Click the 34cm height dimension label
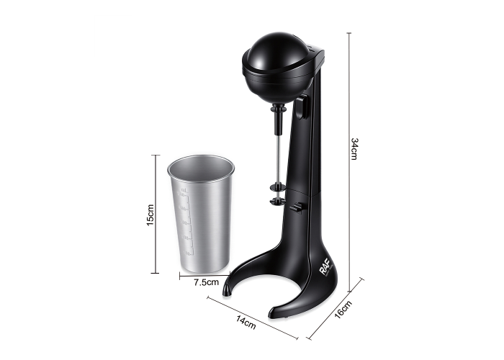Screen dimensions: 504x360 (x=354, y=149)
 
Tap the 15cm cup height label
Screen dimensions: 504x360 (x=150, y=215)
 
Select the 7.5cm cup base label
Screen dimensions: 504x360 (x=206, y=282)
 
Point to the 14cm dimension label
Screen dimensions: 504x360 (x=246, y=323)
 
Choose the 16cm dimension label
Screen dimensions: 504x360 (x=343, y=309)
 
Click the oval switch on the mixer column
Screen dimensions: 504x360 (x=302, y=107)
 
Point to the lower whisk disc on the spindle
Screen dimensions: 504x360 (x=278, y=202)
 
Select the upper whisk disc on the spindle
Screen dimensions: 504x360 (x=278, y=186)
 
